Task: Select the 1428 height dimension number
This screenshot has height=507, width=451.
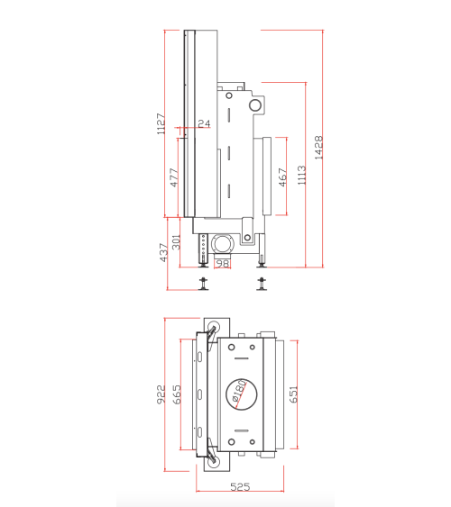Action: [x=318, y=147]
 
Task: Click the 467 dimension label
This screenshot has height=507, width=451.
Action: [x=282, y=177]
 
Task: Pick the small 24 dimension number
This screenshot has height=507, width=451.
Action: [x=203, y=123]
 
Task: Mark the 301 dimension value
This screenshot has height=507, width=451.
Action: [x=177, y=241]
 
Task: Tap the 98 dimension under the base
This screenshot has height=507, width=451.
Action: [x=223, y=263]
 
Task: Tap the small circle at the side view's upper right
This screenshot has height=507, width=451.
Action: [x=257, y=105]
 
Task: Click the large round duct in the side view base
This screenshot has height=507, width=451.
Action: [x=222, y=241]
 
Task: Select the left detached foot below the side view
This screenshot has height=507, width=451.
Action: [x=204, y=285]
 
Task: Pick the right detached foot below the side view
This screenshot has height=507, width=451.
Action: [x=262, y=285]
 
